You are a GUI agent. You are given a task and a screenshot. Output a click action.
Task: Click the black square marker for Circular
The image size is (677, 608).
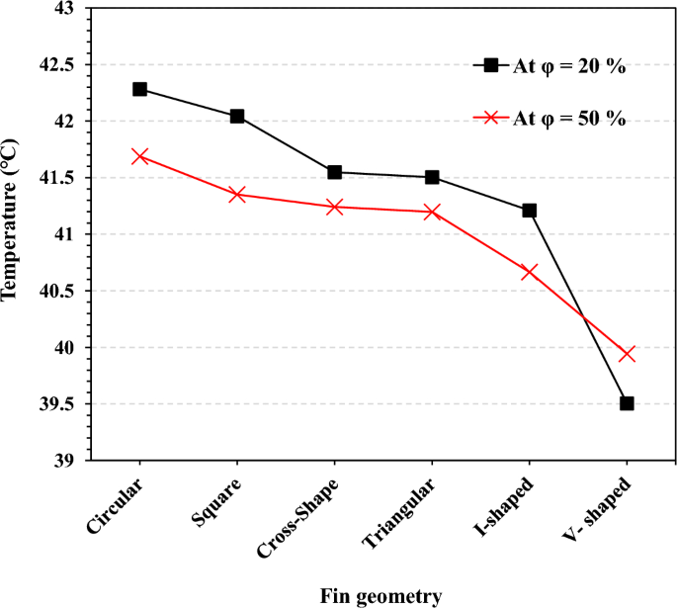[x=139, y=89]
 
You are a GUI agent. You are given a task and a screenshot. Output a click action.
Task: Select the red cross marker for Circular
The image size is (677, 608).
[x=139, y=156]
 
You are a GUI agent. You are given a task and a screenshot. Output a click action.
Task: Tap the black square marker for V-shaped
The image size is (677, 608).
[x=627, y=403]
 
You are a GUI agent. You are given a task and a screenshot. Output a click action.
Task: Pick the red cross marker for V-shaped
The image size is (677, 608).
[x=627, y=354]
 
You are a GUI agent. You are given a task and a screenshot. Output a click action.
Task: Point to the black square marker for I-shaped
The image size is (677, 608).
[x=529, y=211]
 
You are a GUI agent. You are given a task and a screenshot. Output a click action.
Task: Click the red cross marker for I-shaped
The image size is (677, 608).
[x=529, y=272]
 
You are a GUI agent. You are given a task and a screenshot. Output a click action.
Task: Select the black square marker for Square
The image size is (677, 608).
[x=237, y=117]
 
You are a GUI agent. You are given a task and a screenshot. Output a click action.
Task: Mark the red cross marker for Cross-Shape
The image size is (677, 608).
[x=334, y=207]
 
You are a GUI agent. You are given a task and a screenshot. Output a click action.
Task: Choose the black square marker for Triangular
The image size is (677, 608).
[x=432, y=177]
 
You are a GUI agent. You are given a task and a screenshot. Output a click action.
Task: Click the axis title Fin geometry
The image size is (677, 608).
[x=381, y=595]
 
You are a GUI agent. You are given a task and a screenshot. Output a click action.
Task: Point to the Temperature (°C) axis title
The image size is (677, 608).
[x=12, y=235]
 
